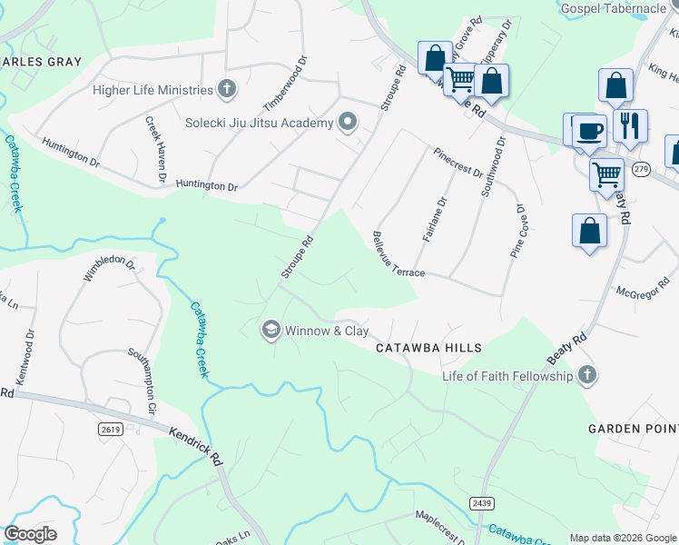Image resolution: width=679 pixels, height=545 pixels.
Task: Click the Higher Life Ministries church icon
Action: tap(227, 89)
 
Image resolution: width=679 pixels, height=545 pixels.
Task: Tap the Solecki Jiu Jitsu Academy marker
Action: tap(347, 123)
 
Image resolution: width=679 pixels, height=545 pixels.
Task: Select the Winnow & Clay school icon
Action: tap(271, 331)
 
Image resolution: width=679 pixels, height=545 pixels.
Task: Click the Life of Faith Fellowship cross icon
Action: tap(586, 376)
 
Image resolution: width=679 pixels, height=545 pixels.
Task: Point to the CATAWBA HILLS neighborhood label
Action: tap(428, 348)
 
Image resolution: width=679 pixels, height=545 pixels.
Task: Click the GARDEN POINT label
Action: tap(633, 428)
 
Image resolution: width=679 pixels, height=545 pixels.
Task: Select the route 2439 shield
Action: tap(482, 503)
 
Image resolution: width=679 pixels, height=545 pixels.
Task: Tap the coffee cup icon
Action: tap(589, 131)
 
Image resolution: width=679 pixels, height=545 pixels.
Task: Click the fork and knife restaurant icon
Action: tap(629, 124)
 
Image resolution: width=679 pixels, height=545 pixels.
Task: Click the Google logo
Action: tap(30, 534)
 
